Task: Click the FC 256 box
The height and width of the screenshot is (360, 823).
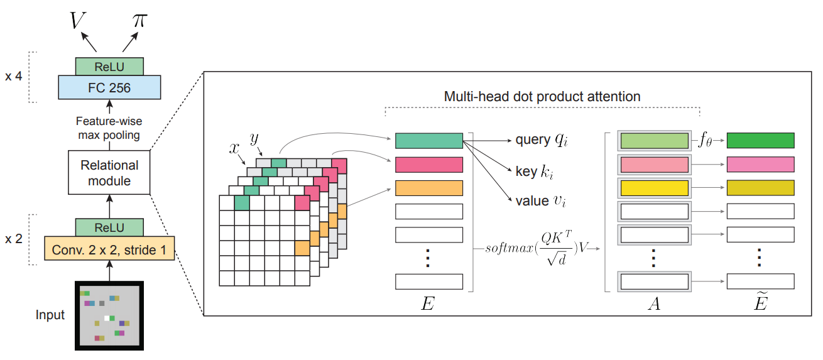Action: click(109, 87)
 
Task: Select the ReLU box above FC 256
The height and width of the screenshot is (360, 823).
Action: click(109, 67)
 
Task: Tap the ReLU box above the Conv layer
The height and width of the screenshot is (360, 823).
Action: click(109, 227)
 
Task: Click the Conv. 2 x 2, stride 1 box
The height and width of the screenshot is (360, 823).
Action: click(109, 249)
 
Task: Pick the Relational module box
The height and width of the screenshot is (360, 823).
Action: click(109, 173)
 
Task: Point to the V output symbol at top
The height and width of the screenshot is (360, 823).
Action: click(77, 20)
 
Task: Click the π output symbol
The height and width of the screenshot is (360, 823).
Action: click(140, 20)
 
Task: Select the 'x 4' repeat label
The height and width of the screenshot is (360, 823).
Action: click(14, 77)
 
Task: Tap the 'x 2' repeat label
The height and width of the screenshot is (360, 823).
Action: click(14, 239)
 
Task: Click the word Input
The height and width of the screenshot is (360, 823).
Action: click(50, 315)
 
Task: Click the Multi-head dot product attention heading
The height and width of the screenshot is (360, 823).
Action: click(542, 97)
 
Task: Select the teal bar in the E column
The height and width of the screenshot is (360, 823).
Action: click(428, 141)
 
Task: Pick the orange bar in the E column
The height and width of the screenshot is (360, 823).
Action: click(428, 188)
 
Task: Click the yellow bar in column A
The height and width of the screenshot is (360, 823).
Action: click(655, 188)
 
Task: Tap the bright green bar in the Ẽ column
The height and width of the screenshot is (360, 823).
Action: click(761, 141)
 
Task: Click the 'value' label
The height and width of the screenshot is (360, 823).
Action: click(532, 201)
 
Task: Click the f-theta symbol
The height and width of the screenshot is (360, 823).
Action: click(705, 140)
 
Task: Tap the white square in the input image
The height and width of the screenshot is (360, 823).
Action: click(107, 319)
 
